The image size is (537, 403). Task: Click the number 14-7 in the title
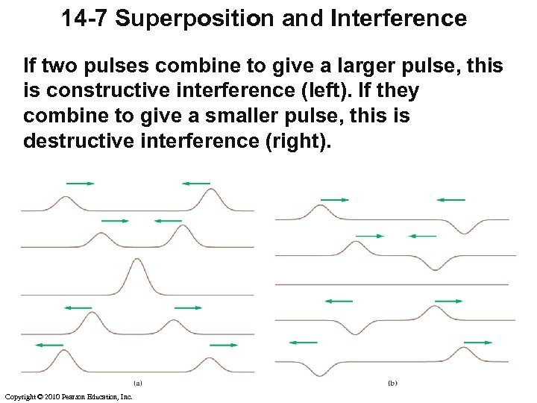click(86, 19)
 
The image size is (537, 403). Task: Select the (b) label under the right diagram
click(393, 383)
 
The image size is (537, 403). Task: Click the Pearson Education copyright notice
click(68, 396)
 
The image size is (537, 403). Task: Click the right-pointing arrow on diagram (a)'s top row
click(80, 183)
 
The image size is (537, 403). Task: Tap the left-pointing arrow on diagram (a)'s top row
click(196, 183)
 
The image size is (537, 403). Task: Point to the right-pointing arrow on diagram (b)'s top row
click(335, 199)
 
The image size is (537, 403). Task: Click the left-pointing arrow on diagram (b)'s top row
click(450, 199)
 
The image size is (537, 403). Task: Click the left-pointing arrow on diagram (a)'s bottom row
click(49, 345)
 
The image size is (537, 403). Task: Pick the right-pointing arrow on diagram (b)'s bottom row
click(477, 342)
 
